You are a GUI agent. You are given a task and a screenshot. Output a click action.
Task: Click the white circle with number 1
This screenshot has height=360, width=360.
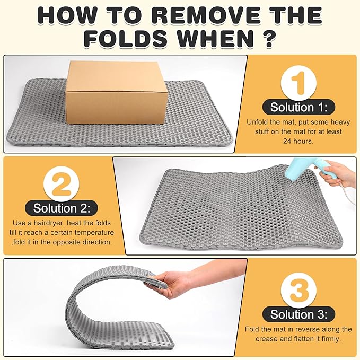[299, 83]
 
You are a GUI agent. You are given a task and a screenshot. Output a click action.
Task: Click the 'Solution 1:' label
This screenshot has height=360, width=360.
[299, 107]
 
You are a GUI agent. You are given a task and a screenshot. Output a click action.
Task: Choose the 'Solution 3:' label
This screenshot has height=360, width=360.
[299, 314]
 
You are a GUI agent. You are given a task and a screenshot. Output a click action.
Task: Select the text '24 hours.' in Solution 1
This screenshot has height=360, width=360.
[298, 141]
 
